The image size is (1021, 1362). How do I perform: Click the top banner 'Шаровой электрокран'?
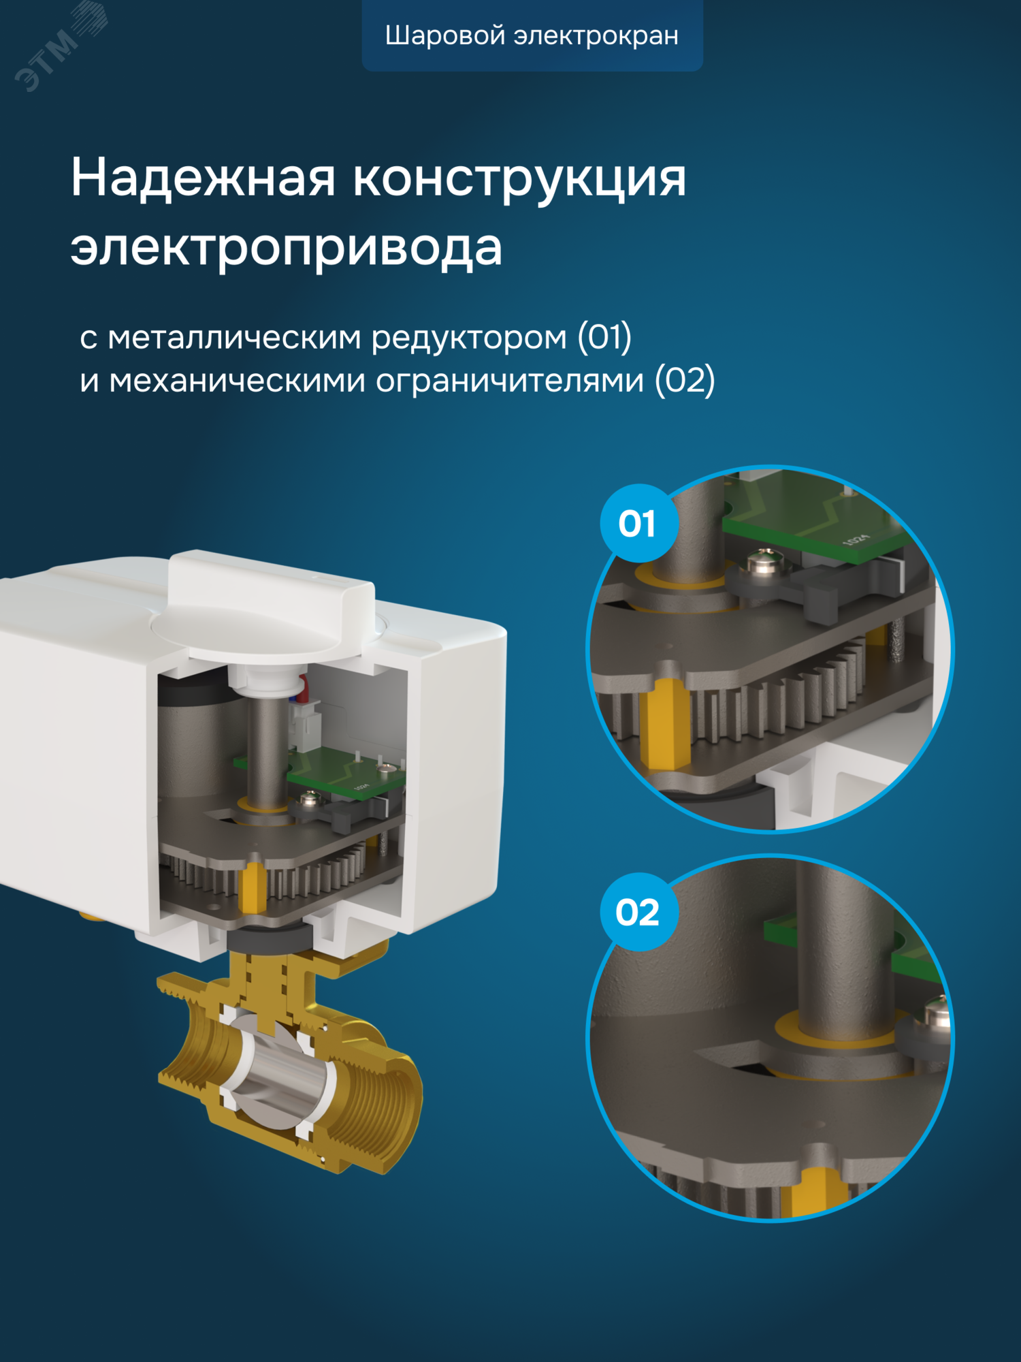coord(532,35)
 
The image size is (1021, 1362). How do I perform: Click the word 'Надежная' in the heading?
coord(203,179)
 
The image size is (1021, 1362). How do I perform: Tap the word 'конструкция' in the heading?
coord(519,179)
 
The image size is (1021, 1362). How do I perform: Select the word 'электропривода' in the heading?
coord(286,247)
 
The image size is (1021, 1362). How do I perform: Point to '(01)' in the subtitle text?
coord(604,336)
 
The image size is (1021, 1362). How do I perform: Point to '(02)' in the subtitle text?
coord(684,379)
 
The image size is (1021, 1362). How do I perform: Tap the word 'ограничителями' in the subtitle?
coord(510,380)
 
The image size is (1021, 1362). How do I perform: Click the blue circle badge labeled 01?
coord(638,523)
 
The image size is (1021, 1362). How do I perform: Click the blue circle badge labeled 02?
coord(638,912)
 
